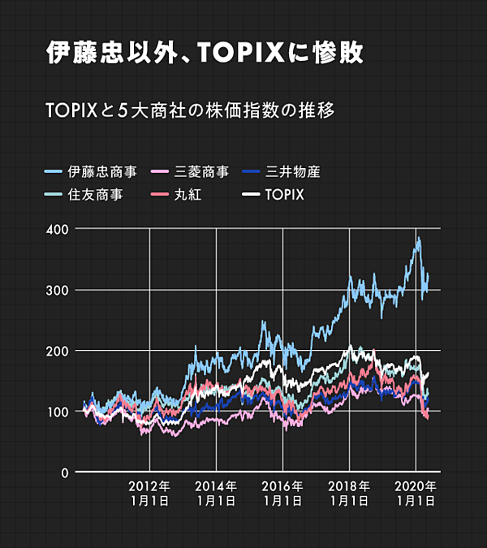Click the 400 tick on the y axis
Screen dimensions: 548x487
[56, 229]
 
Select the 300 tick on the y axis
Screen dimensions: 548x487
[56, 290]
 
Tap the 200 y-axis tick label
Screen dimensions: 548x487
[56, 351]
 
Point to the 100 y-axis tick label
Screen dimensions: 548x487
[56, 412]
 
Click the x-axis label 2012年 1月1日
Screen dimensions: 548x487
[149, 494]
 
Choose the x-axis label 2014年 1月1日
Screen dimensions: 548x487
[216, 494]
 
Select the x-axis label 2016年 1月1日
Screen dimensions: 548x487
[282, 494]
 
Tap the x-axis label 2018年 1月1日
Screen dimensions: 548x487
[349, 494]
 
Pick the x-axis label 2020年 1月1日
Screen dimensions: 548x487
[416, 494]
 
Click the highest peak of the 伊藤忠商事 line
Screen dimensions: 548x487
[419, 238]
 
